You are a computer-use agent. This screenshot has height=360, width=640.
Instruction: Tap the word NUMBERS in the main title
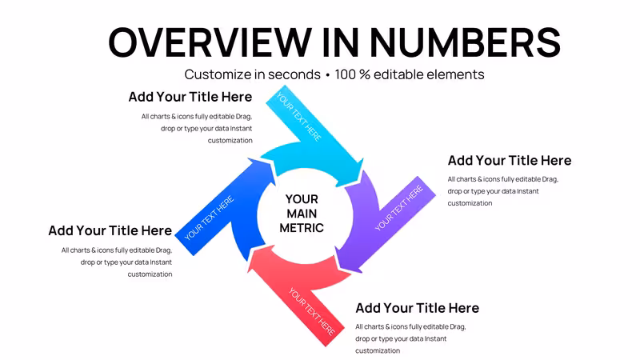point(466,42)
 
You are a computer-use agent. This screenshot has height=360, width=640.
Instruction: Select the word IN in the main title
point(341,42)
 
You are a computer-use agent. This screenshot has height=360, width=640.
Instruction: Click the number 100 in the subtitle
point(345,74)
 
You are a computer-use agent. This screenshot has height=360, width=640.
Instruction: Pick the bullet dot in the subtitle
point(328,75)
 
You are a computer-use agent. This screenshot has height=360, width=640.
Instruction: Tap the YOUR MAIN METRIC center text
point(302,214)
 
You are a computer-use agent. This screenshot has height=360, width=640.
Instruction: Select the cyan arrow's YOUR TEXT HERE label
point(299,117)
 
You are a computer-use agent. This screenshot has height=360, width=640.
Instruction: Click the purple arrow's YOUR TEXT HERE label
point(398,207)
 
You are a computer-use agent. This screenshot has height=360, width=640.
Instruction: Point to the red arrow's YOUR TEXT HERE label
point(311,311)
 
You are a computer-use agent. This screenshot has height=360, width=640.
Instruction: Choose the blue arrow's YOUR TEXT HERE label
point(209,218)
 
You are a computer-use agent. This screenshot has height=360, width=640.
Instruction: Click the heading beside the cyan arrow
point(190,97)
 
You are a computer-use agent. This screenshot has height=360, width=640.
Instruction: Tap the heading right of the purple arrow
point(510,161)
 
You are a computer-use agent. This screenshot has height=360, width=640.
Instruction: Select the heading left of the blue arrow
point(110,230)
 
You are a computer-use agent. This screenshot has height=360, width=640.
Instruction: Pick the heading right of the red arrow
point(417,308)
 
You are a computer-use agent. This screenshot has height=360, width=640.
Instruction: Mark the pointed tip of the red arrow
point(247,272)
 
